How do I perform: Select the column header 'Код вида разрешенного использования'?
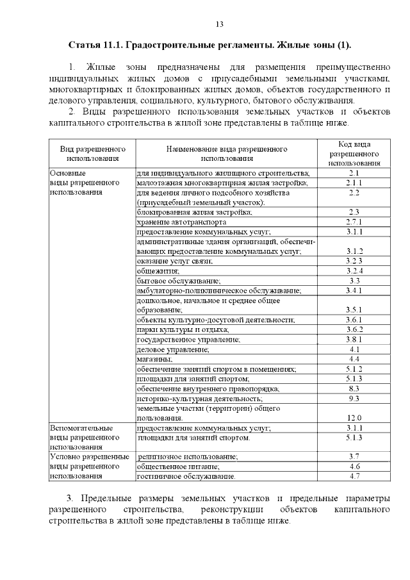point(354,154)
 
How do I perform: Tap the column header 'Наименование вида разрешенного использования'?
point(227,154)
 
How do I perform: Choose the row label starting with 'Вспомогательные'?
point(81,427)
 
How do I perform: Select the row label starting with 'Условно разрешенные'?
point(85,456)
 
